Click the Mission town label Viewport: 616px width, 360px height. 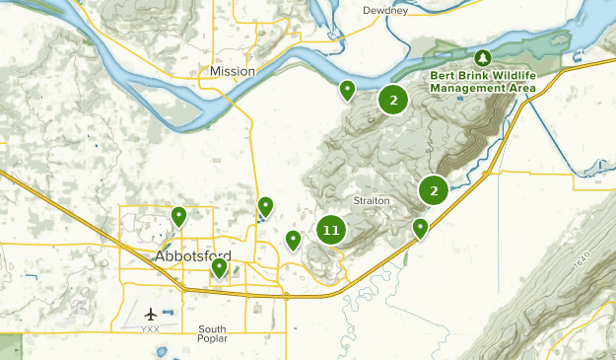tap(233, 71)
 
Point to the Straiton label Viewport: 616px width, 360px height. tap(373, 200)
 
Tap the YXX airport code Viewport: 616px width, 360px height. tap(151, 329)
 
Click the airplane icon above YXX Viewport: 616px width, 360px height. tap(151, 314)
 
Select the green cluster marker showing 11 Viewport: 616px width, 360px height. tap(330, 231)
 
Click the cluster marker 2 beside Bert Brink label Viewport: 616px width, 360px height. tap(393, 100)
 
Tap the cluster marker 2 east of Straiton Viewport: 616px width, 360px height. tap(434, 190)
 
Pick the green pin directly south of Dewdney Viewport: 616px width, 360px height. tap(347, 91)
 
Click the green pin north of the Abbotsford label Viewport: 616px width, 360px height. tap(178, 216)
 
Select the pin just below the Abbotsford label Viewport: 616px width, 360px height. tap(219, 267)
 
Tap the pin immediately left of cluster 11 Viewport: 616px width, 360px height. tap(293, 240)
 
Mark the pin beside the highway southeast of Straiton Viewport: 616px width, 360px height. tap(420, 229)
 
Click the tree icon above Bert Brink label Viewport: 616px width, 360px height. tap(482, 57)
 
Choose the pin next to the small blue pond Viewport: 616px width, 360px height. tap(265, 206)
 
